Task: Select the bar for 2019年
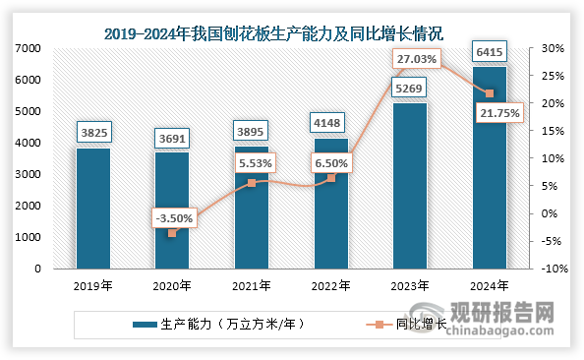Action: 92,208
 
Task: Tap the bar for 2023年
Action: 410,185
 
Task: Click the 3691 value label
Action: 172,141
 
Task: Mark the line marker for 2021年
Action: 252,183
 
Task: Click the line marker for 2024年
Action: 490,93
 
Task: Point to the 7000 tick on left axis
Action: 28,48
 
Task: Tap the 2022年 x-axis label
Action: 331,286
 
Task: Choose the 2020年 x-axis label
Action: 172,286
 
